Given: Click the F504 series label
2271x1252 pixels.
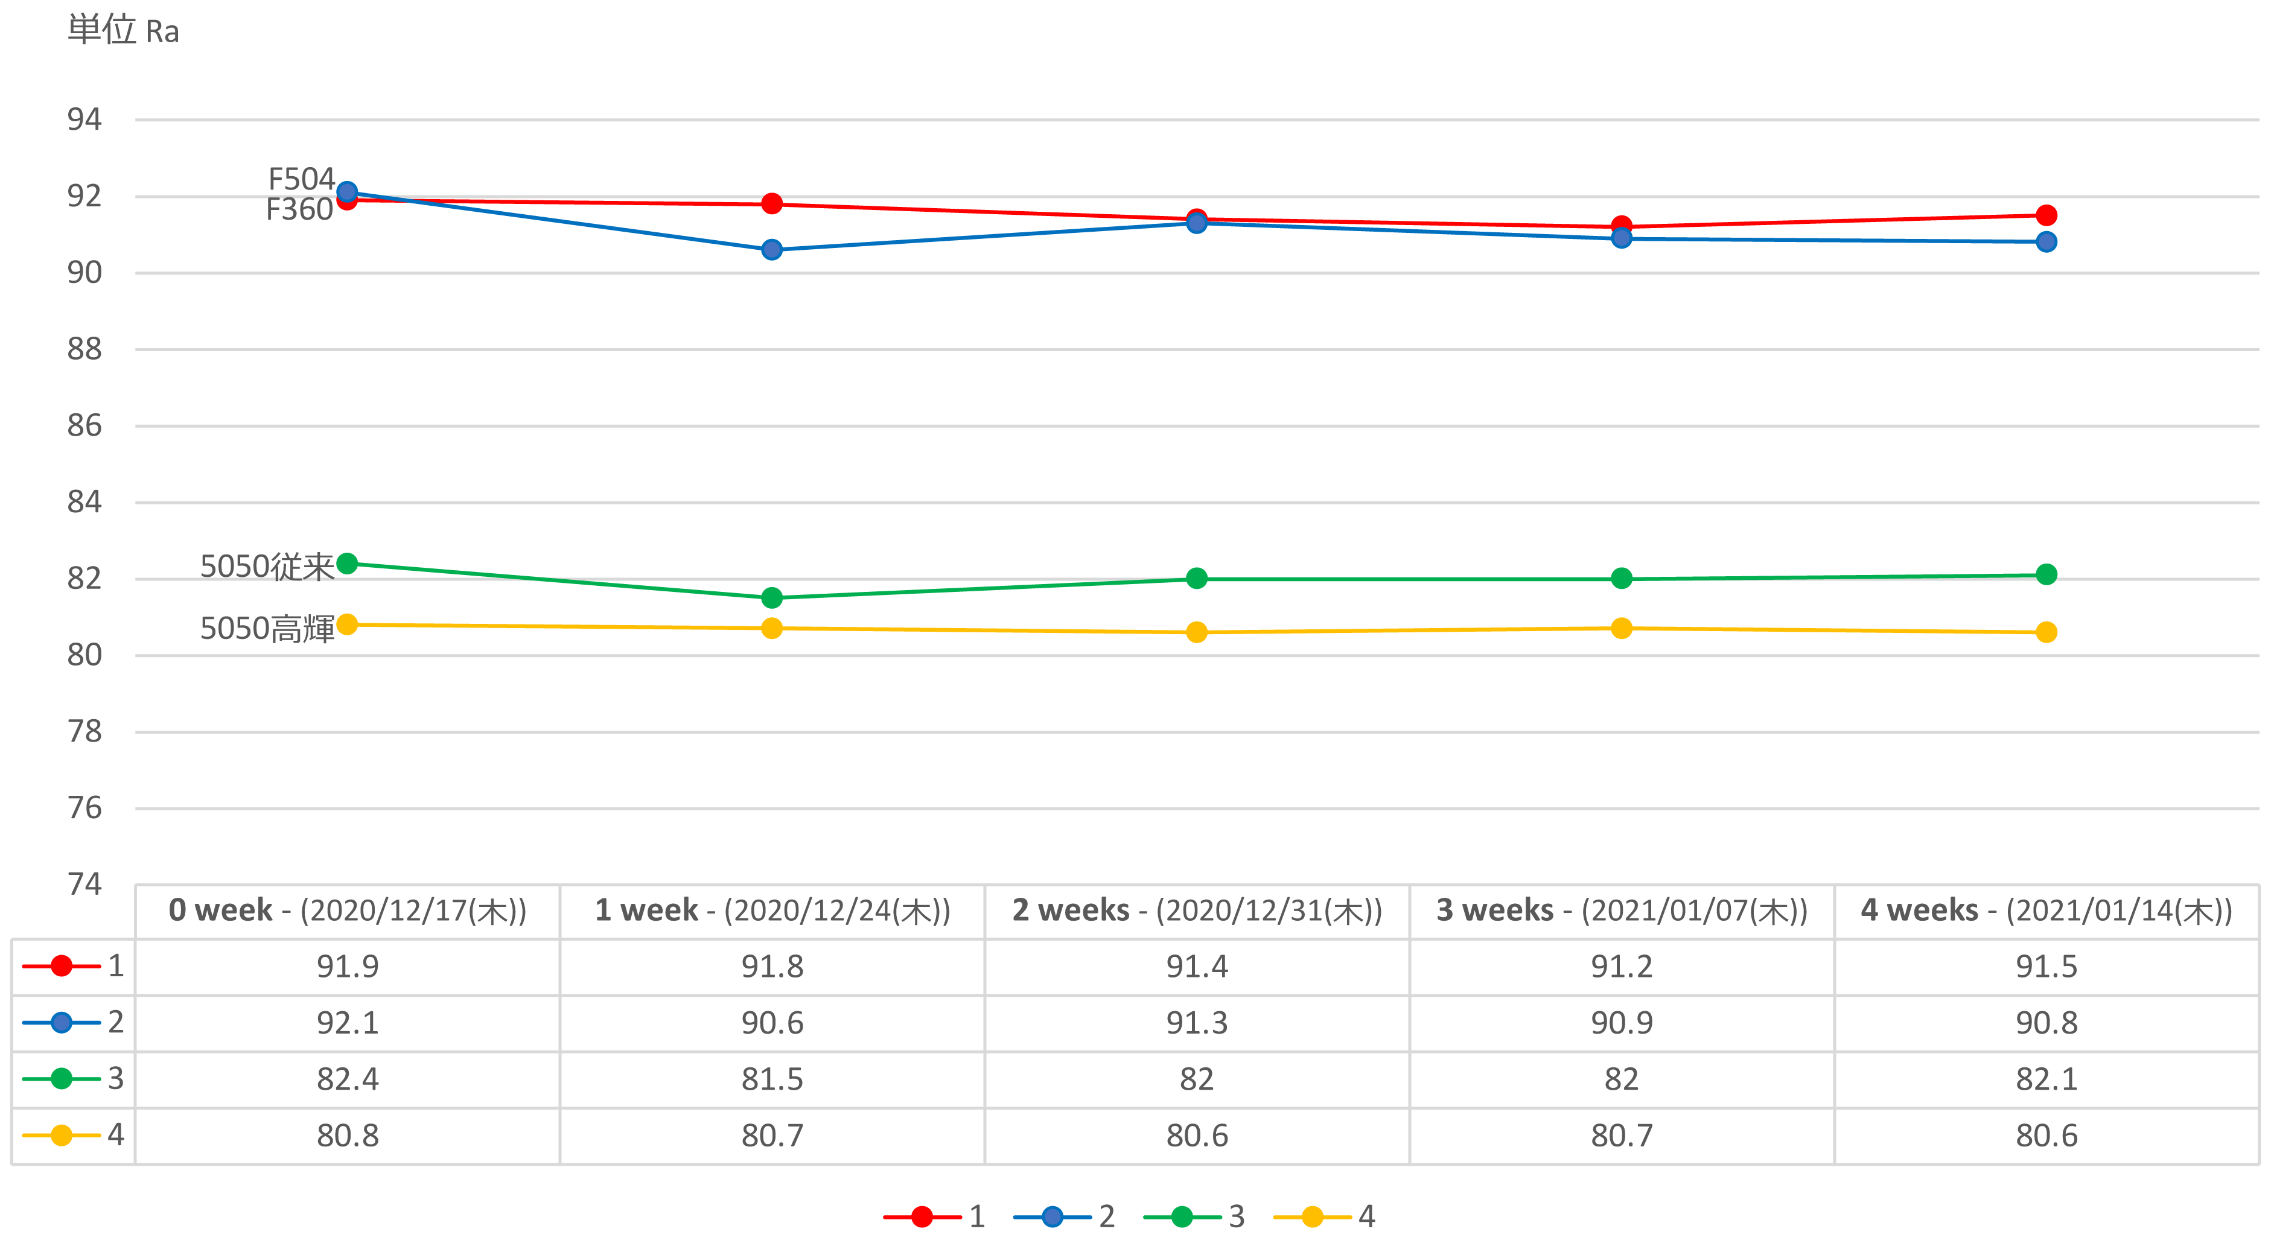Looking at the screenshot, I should tap(301, 179).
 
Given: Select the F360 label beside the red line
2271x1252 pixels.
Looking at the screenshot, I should tap(299, 210).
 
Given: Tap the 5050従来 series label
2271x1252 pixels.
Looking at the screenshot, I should tap(266, 566).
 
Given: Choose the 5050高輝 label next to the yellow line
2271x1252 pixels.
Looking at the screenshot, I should tap(266, 629).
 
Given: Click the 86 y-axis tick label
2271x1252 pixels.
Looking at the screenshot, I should tap(84, 426).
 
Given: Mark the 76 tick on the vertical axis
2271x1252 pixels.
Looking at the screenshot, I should tap(84, 808).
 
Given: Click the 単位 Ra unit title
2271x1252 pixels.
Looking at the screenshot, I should tap(124, 31).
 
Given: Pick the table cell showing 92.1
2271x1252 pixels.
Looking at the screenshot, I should tap(348, 1023).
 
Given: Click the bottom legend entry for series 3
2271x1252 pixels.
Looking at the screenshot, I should tap(1194, 1217).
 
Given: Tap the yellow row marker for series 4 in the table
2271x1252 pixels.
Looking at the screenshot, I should tap(62, 1135).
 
